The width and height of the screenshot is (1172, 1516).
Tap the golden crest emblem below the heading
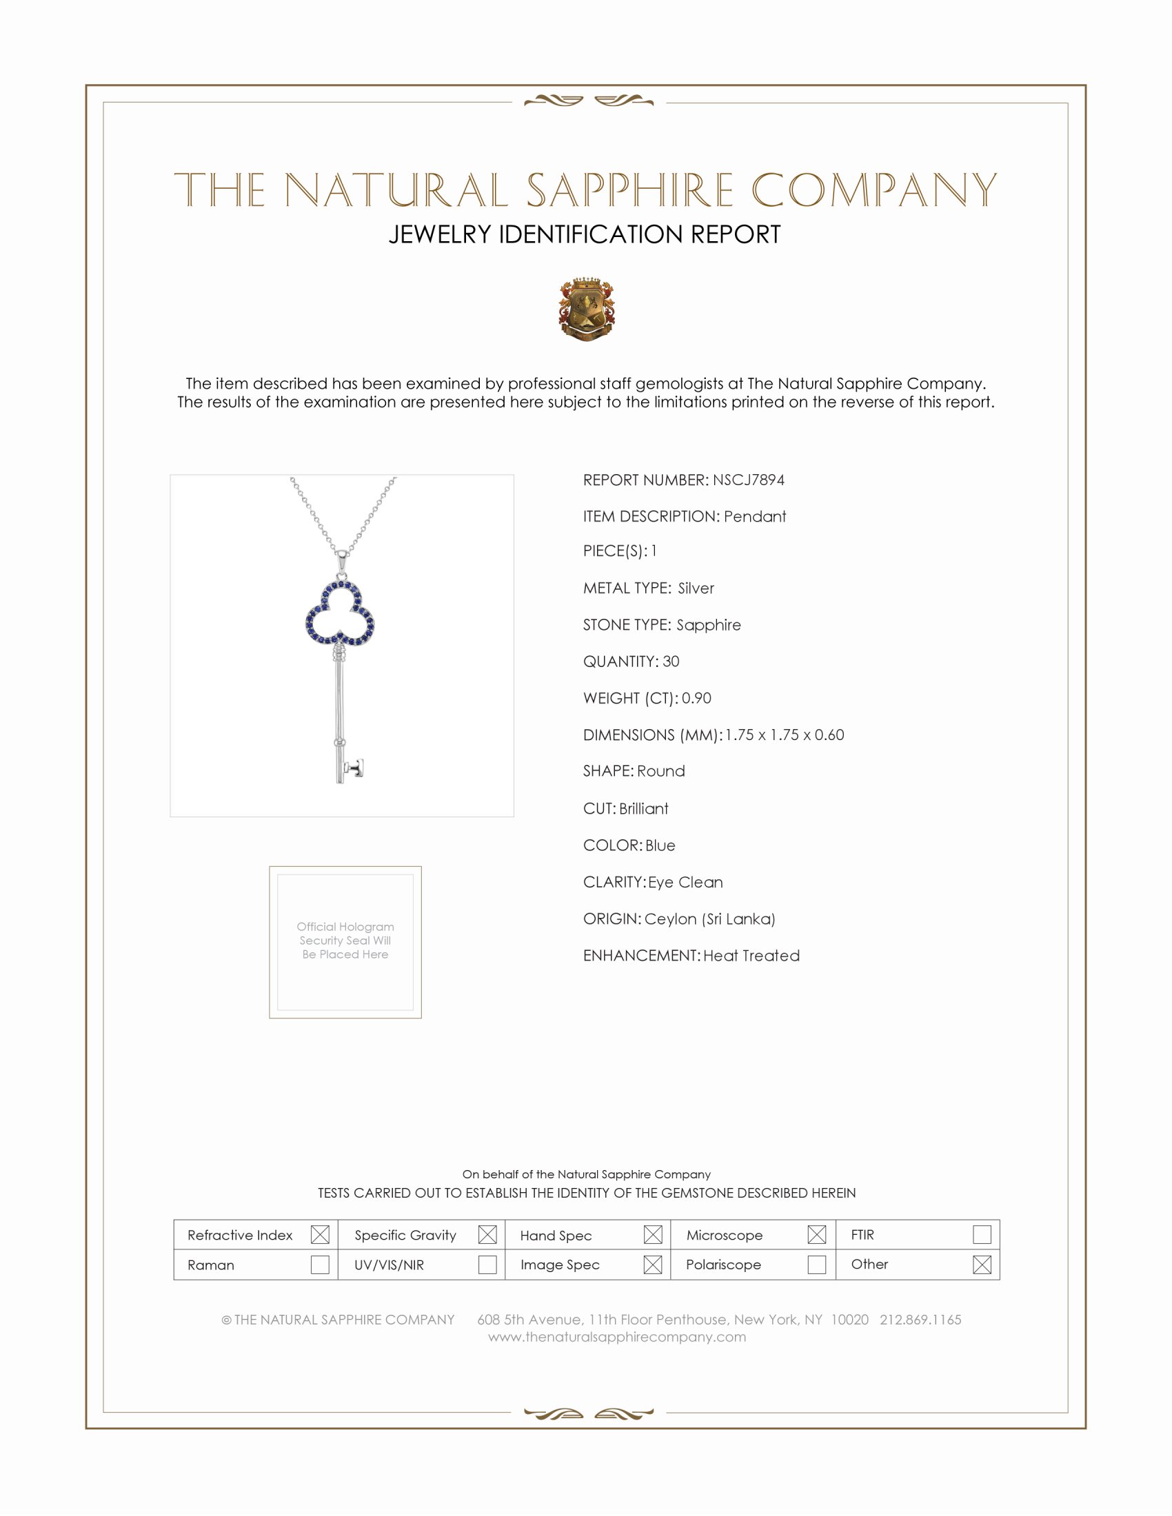(587, 309)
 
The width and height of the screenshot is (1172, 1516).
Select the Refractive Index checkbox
(320, 1234)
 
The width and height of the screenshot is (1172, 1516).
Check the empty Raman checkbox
(320, 1264)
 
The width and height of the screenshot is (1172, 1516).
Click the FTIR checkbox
(982, 1234)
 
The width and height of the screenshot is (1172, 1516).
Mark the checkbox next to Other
(982, 1264)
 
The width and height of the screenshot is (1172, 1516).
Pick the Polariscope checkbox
(816, 1264)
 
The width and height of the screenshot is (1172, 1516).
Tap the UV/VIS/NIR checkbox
(487, 1264)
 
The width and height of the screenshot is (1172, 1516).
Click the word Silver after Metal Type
(696, 588)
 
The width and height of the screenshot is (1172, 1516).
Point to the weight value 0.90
(696, 698)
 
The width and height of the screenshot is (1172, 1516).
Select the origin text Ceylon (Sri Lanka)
(709, 919)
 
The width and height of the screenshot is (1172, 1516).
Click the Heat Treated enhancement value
(751, 956)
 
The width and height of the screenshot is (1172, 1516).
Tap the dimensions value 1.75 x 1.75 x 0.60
(785, 735)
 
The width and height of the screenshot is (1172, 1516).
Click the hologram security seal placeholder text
(345, 941)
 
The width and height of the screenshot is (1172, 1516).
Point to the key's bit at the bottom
(355, 768)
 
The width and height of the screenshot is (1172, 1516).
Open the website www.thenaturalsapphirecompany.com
(616, 1337)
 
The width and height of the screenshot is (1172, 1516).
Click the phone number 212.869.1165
(920, 1320)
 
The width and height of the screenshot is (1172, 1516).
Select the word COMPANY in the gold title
(873, 189)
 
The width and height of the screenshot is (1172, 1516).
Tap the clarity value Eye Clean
(685, 882)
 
